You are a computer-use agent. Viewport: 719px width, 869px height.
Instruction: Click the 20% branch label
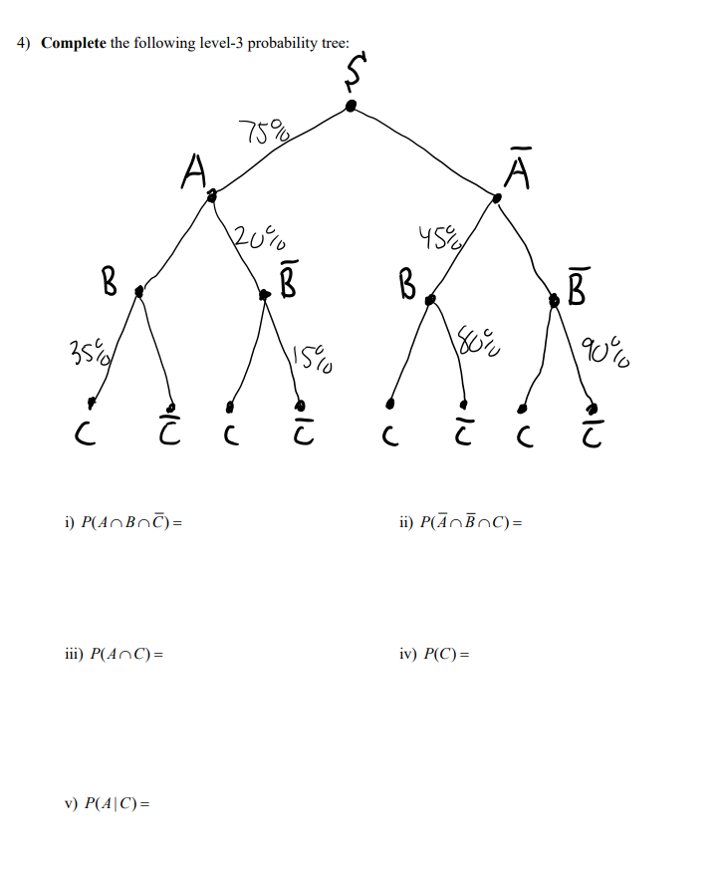pyautogui.click(x=259, y=238)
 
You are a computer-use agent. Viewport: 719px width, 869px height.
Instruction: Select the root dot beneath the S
pyautogui.click(x=350, y=105)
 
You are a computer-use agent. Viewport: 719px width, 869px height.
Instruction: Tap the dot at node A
pyautogui.click(x=211, y=197)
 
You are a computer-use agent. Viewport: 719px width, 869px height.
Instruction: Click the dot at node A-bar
pyautogui.click(x=498, y=198)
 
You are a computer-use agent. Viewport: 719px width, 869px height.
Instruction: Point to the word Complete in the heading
pyautogui.click(x=73, y=44)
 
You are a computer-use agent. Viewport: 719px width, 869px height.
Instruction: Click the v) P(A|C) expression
pyautogui.click(x=108, y=803)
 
